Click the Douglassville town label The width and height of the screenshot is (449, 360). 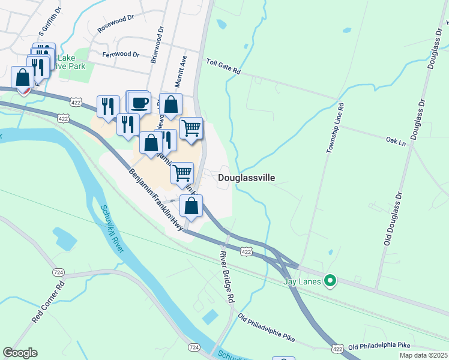point(246,178)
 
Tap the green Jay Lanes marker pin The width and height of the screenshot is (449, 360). point(330,280)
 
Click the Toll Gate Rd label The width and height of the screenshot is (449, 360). point(223,66)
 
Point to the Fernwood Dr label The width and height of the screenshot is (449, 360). point(121,54)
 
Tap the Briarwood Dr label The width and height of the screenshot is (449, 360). point(157,45)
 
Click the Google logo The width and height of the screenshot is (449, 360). point(20,353)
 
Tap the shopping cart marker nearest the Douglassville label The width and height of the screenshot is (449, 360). point(182,173)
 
